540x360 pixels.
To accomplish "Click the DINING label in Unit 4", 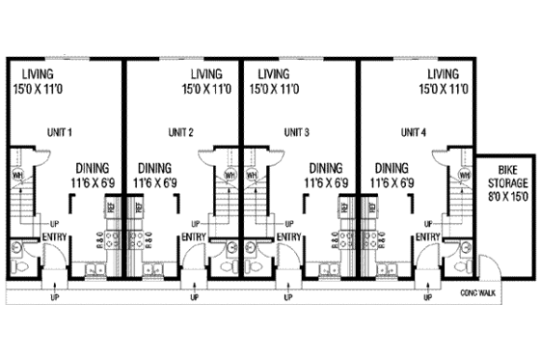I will [392, 166].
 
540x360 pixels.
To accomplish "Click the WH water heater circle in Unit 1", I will [17, 176].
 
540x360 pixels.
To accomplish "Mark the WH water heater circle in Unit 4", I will [464, 176].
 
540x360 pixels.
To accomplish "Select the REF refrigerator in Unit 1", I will [111, 207].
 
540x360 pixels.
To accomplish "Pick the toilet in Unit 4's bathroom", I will [464, 263].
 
